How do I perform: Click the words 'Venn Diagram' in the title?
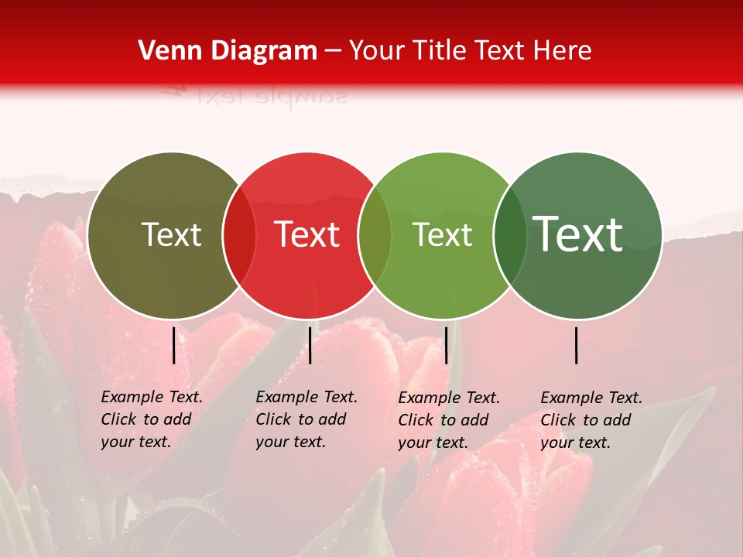228,51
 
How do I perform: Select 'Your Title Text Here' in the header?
470,51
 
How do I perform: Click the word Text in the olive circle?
171,234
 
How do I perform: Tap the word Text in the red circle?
306,234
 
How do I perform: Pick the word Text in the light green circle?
442,234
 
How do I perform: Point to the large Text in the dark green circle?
577,234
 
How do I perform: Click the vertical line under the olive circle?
174,345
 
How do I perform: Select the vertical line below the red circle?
310,345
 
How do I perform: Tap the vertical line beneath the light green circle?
446,345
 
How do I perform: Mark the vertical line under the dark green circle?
577,345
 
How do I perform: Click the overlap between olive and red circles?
239,234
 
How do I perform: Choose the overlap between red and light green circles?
375,234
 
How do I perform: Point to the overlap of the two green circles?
510,234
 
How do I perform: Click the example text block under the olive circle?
152,419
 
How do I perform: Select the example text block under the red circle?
306,419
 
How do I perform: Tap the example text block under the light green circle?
449,420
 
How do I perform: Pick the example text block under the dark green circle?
591,420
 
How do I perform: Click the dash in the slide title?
333,51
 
